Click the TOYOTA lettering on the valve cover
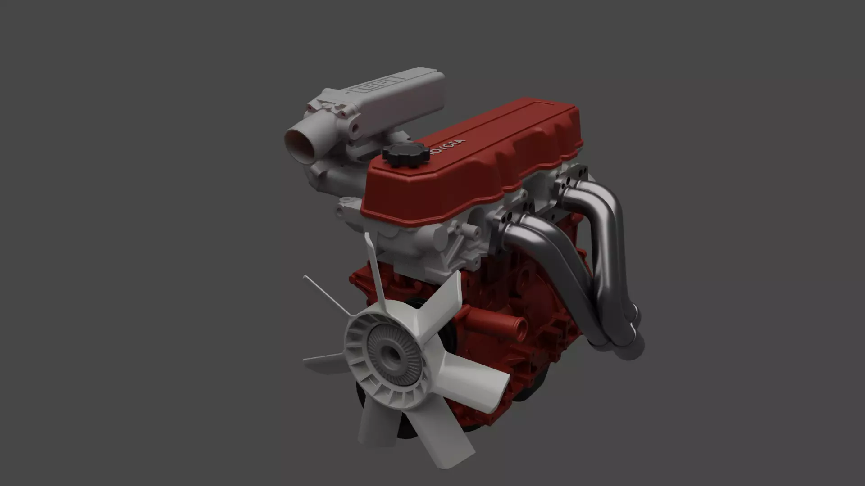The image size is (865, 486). pos(446,148)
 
